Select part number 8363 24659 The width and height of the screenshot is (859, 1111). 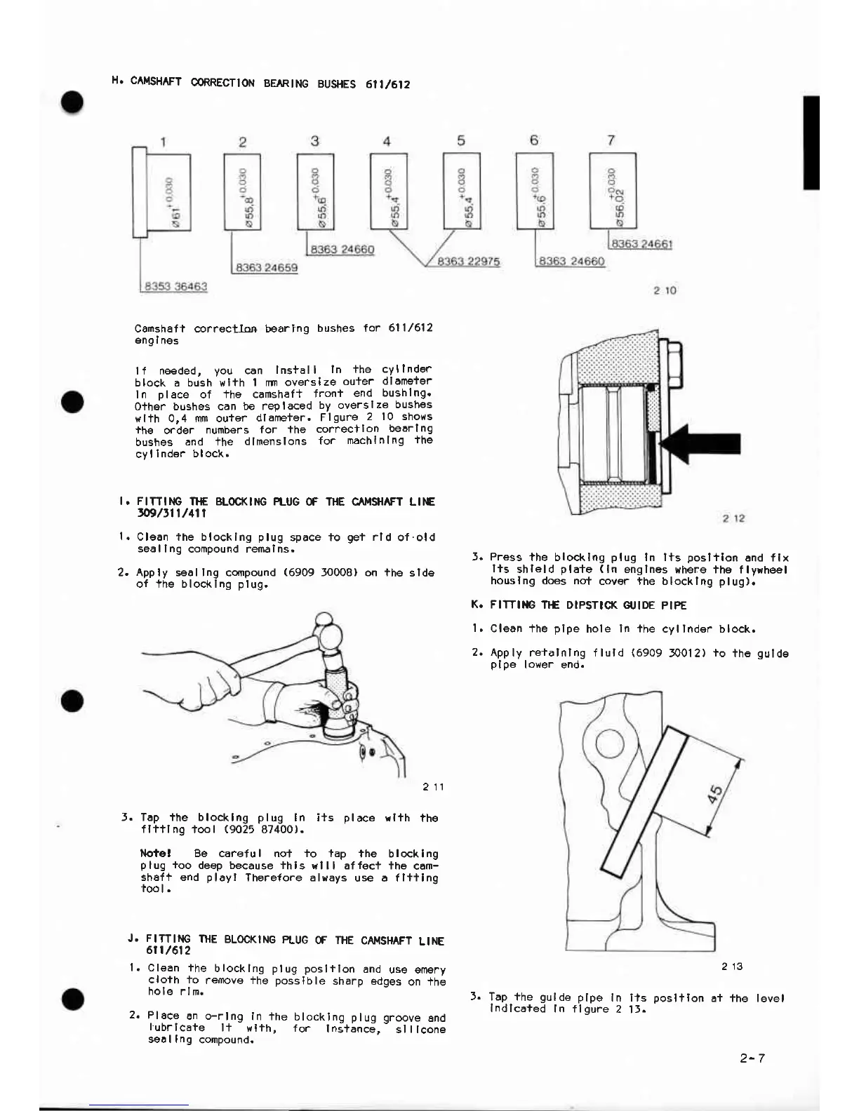pyautogui.click(x=266, y=268)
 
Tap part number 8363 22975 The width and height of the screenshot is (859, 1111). pyautogui.click(x=468, y=262)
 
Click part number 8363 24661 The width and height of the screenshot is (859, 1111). pyautogui.click(x=642, y=244)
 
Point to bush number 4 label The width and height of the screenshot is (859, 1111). pyautogui.click(x=387, y=141)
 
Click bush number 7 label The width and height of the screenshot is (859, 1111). pyautogui.click(x=611, y=140)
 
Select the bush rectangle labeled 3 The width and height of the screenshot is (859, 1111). pyautogui.click(x=315, y=191)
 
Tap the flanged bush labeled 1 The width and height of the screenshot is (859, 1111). pyautogui.click(x=161, y=194)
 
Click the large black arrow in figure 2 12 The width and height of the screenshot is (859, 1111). pyautogui.click(x=705, y=443)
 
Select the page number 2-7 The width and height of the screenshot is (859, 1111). pyautogui.click(x=752, y=1058)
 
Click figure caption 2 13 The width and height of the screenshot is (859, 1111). pyautogui.click(x=732, y=967)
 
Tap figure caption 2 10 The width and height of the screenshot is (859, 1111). pyautogui.click(x=664, y=290)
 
